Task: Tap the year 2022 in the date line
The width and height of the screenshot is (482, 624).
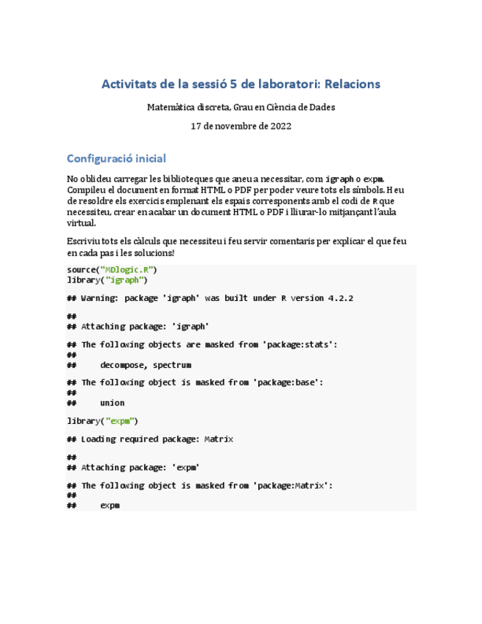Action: (x=279, y=126)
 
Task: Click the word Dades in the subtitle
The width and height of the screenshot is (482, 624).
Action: (x=321, y=107)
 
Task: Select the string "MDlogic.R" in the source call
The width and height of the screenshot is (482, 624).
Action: (x=127, y=270)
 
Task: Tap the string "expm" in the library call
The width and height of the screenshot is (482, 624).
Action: (x=121, y=421)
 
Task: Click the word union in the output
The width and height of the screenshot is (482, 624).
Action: (x=112, y=403)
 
